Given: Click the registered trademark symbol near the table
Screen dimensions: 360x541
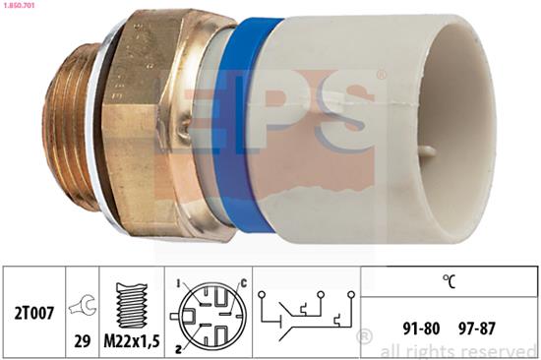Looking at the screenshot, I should click(365, 338).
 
